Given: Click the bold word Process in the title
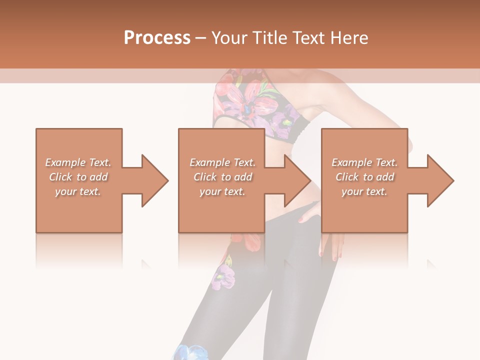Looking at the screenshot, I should click(157, 38).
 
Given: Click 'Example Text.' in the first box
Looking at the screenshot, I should click(78, 162).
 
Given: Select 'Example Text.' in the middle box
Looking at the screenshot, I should click(222, 162).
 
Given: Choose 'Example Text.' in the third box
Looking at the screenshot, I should click(364, 162).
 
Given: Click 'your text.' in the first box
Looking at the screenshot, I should click(78, 191).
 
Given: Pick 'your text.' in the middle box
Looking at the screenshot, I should click(222, 191).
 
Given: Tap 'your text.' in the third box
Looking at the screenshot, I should click(364, 191).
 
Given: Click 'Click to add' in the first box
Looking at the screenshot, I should click(78, 177).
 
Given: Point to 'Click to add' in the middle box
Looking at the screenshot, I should click(222, 177).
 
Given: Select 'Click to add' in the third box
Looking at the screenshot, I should click(364, 177).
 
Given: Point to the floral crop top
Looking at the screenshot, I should click(250, 102).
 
